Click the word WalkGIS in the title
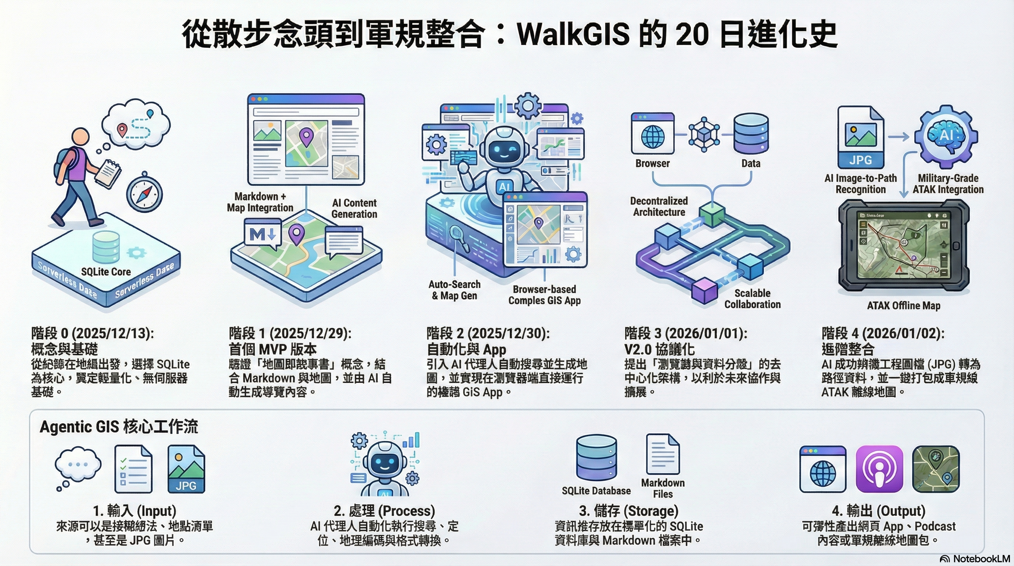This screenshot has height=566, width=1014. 573,35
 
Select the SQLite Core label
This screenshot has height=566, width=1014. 106,272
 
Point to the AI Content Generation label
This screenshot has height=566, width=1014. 354,209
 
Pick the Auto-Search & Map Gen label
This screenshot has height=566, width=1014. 455,290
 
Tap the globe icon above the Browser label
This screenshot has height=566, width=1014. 653,136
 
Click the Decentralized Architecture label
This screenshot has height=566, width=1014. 659,207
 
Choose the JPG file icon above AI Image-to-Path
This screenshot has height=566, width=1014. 860,138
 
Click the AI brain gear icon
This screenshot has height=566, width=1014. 946,136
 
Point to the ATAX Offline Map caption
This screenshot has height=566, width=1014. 903,305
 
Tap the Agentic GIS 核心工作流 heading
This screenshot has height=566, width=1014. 119,427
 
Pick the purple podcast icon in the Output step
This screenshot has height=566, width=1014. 880,469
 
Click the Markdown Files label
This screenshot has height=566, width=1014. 663,489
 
